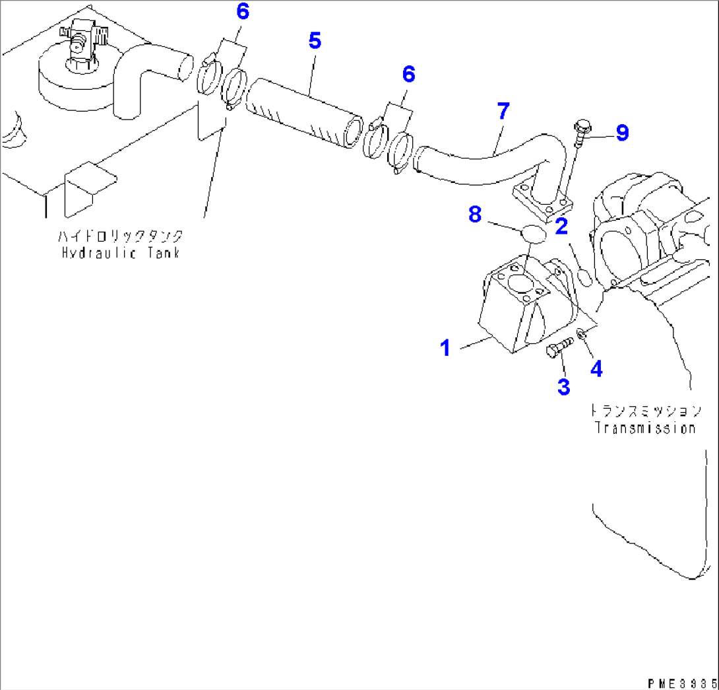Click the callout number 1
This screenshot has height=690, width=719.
(x=445, y=347)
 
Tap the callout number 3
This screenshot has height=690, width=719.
(x=563, y=386)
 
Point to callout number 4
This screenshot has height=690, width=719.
(x=596, y=368)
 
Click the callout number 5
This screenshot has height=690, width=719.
(x=315, y=41)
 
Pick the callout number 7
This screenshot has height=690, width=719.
(x=503, y=112)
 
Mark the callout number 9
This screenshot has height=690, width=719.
(x=621, y=133)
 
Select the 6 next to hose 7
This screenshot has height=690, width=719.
(x=408, y=75)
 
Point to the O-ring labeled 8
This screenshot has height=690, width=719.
(x=534, y=234)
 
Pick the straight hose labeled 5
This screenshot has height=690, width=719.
(x=305, y=112)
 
